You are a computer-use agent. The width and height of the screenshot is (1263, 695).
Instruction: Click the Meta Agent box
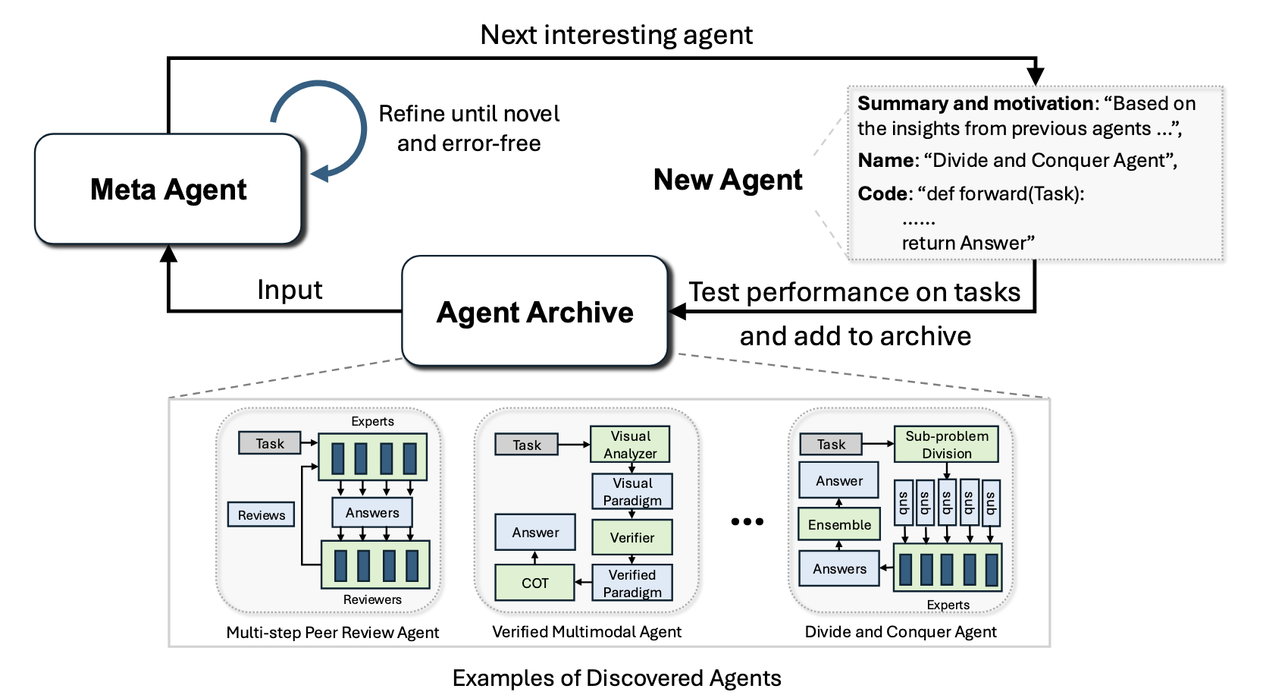click(x=168, y=189)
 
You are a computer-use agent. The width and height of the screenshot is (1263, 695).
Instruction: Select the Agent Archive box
click(x=534, y=312)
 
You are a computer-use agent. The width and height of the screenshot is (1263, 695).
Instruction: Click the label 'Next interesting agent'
click(x=616, y=35)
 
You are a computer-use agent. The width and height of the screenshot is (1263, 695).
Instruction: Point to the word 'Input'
click(x=290, y=290)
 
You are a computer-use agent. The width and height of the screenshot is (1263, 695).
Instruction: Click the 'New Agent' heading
click(x=727, y=180)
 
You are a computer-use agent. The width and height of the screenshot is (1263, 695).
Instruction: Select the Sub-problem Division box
click(x=946, y=445)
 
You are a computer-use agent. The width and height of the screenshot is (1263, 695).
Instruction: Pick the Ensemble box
click(x=839, y=525)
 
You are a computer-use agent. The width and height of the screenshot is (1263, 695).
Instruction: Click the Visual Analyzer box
click(x=630, y=445)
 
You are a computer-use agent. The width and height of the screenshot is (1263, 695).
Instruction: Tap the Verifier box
click(x=631, y=538)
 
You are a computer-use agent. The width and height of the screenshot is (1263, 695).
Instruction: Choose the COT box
click(x=534, y=583)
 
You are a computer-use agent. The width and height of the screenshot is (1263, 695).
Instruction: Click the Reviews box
click(x=261, y=515)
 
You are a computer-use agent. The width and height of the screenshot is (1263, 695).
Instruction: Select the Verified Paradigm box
click(x=631, y=583)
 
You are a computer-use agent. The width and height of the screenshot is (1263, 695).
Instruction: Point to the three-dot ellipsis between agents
click(x=747, y=522)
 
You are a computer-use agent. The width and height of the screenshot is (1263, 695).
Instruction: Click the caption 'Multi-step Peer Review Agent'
click(x=332, y=633)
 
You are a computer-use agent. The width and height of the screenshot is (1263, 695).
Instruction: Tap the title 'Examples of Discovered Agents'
click(x=616, y=678)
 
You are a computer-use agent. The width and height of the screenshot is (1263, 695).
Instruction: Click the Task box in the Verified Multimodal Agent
click(x=526, y=445)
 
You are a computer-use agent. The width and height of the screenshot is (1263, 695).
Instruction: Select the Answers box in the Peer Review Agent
click(x=371, y=513)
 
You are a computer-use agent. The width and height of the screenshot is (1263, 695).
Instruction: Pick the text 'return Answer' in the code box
click(x=967, y=243)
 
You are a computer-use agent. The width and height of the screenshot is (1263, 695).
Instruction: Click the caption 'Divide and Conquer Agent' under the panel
click(x=901, y=632)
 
